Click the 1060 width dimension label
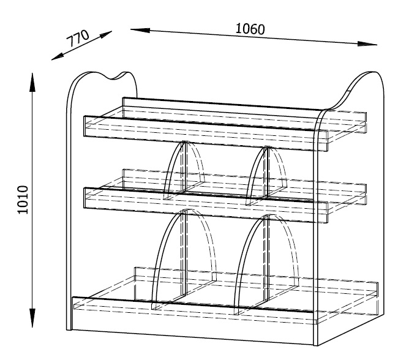tap(250, 29)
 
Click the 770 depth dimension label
tap(78, 38)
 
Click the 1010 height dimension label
tap(23, 200)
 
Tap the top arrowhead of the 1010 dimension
tap(32, 82)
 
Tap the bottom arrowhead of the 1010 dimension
tap(32, 318)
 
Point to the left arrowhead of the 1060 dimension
tap(140, 30)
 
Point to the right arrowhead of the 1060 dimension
tap(367, 43)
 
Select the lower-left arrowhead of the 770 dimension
tap(58, 57)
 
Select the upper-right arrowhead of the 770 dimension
tap(106, 34)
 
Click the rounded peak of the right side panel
tap(370, 73)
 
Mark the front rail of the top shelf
tap(206, 133)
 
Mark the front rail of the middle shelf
tap(206, 205)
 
